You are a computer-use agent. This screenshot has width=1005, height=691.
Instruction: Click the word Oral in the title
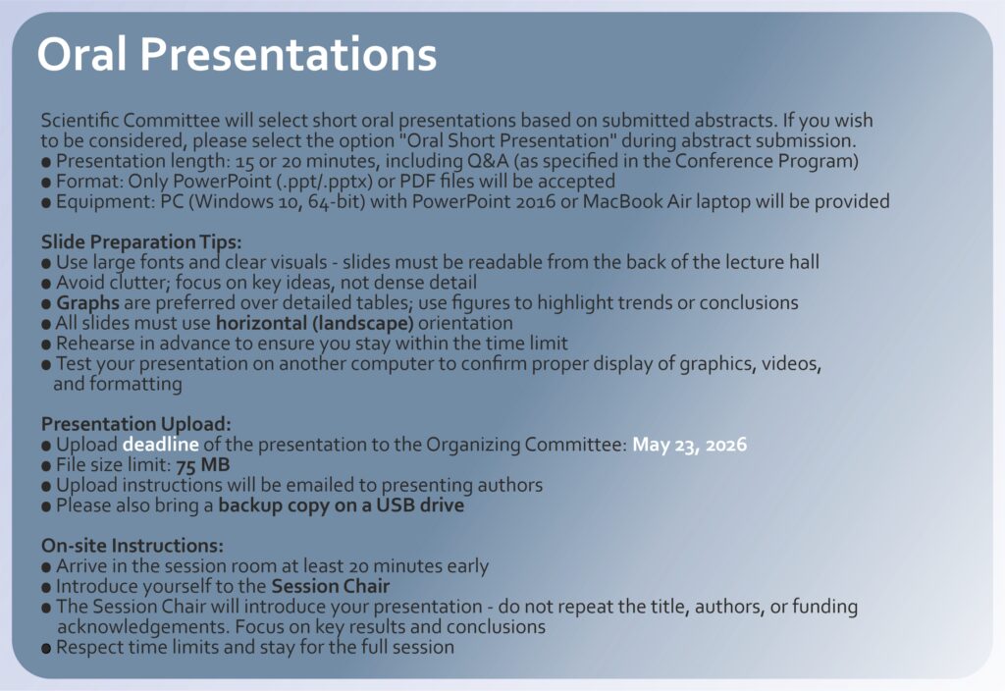click(81, 54)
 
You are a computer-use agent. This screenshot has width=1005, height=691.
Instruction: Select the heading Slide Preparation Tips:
click(141, 242)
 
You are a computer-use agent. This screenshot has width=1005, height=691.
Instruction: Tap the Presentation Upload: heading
click(135, 424)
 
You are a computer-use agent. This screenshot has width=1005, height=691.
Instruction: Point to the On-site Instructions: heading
click(132, 546)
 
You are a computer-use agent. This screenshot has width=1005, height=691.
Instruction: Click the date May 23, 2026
click(690, 445)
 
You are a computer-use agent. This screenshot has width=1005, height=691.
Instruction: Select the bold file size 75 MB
click(202, 464)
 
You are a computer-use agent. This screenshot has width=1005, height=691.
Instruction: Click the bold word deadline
click(161, 445)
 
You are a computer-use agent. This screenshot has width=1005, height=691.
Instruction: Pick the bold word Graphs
click(87, 303)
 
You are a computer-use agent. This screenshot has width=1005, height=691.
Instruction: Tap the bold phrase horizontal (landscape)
click(315, 323)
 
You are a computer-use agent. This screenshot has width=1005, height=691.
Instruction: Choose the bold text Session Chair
click(330, 586)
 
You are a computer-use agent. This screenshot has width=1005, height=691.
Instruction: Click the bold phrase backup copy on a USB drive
click(341, 505)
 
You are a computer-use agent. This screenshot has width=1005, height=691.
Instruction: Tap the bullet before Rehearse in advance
click(46, 345)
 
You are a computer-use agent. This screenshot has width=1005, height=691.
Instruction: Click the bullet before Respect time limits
click(46, 648)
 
